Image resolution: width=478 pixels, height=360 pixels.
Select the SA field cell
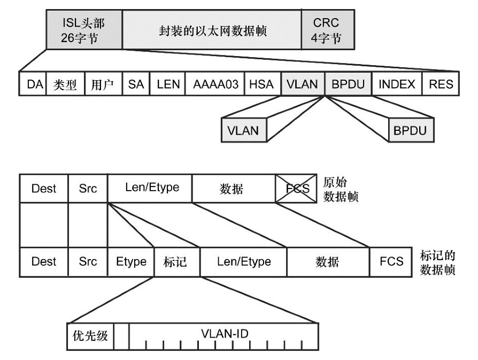[x=136, y=84]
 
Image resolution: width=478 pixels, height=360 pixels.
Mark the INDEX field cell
[x=396, y=84]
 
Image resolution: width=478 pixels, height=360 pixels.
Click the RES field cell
[x=441, y=84]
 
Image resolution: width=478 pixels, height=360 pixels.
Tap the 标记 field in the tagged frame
[x=177, y=262]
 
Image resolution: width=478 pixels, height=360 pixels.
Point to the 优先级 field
[x=90, y=336]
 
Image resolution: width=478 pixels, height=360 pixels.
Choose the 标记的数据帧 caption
[x=437, y=261]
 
